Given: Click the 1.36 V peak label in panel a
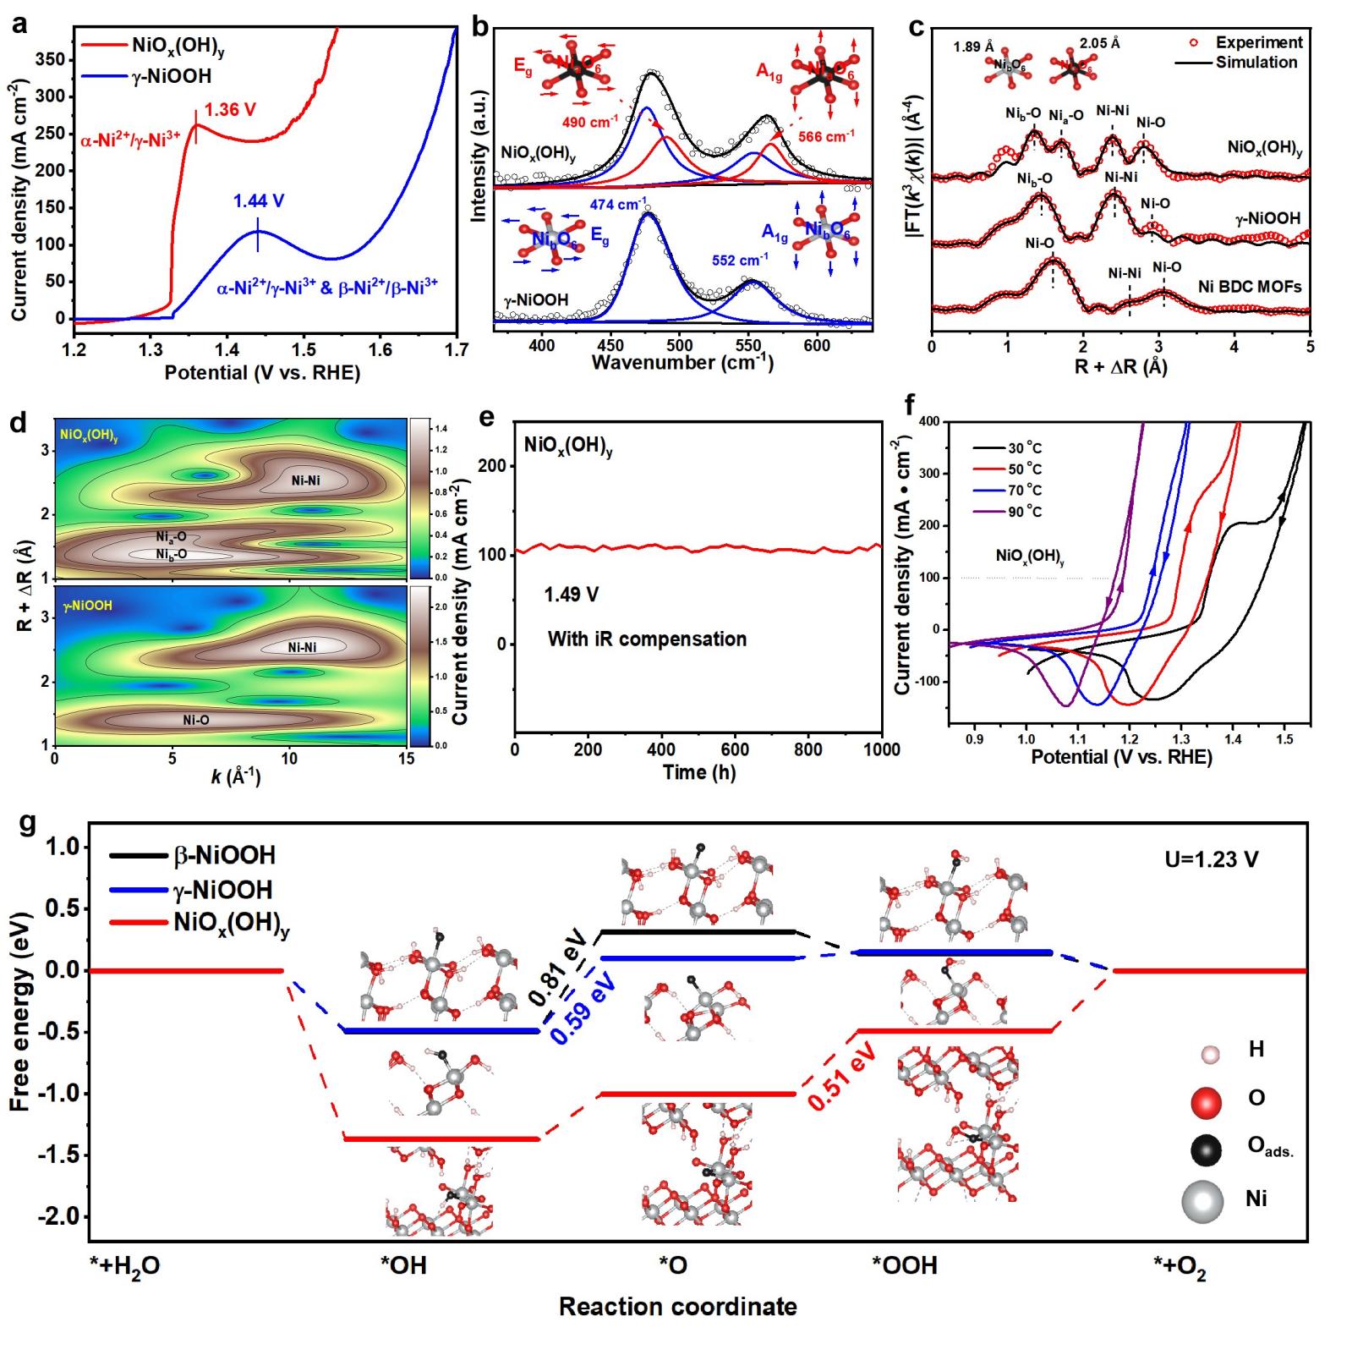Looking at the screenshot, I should pos(230,110).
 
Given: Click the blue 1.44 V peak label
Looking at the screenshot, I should pos(259,201).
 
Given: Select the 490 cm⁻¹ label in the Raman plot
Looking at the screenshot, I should pos(590,122).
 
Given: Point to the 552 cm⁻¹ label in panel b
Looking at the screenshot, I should pos(740,261).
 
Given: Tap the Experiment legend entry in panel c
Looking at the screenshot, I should pos(1258,42).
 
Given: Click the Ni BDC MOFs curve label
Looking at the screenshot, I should pos(1249,287).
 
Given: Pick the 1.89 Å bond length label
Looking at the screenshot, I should pos(973,47).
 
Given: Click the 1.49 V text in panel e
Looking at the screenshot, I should pos(572,595).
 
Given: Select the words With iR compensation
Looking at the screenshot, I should pos(647,639).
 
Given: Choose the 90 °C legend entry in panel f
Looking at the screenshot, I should pos(1024,512).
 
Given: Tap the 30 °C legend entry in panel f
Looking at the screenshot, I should pos(1024,448).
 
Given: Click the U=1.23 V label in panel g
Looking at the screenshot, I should pos(1211,860).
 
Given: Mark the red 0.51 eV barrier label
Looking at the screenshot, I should pos(841,1074).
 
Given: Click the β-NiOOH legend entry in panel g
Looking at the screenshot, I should pos(225,856).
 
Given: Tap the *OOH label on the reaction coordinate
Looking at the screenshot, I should pos(905,1266).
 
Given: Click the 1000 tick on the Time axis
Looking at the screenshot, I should pos(881,749).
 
